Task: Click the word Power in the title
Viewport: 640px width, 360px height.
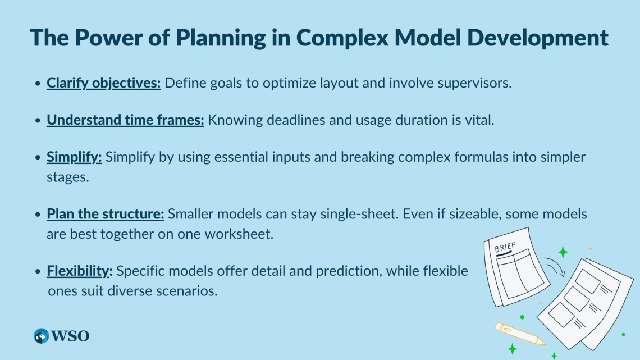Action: point(107,37)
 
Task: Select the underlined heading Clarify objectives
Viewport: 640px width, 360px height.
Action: point(104,84)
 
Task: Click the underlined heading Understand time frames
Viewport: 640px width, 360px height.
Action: point(125,120)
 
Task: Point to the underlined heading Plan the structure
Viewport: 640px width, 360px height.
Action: point(106,214)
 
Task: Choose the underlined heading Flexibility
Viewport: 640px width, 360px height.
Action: point(80,271)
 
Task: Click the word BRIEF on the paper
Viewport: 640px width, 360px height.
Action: point(506,247)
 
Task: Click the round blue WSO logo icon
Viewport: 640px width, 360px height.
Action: point(41,336)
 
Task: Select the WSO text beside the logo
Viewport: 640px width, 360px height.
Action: point(70,336)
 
